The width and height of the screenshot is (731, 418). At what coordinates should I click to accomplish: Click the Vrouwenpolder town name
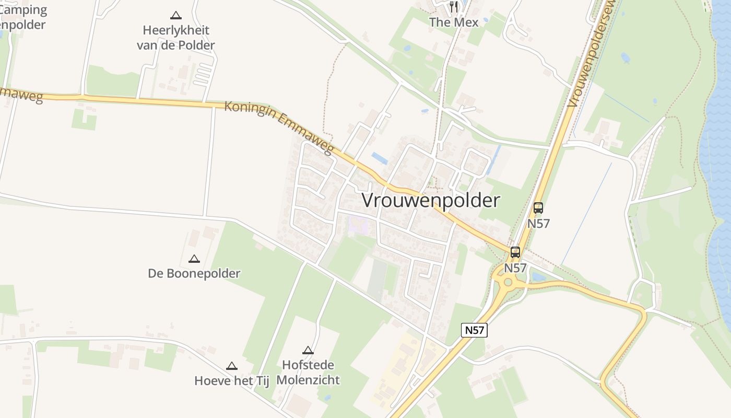431,200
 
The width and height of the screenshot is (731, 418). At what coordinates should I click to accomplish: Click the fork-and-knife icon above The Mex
453,7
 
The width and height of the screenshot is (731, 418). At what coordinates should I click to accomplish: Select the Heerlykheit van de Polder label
176,38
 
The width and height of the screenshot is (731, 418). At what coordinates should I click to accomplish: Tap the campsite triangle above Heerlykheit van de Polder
176,16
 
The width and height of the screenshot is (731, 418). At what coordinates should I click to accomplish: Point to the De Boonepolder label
194,273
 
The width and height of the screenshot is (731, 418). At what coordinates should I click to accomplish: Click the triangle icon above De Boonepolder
194,259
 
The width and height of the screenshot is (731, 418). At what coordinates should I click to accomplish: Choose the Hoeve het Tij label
231,381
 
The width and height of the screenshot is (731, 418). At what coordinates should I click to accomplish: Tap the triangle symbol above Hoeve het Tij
231,366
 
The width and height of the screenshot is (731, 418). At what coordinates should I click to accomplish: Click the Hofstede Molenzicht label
308,372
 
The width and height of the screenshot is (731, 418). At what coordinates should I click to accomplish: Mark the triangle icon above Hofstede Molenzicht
308,351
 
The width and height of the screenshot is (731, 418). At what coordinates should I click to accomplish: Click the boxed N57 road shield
474,330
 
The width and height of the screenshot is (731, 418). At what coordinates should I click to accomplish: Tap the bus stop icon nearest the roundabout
515,252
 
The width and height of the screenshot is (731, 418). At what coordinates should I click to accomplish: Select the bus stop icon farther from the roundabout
538,208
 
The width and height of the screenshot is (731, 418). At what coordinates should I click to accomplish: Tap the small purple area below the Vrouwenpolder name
358,226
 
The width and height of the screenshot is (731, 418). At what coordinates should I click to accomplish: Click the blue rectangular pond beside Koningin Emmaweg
380,158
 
